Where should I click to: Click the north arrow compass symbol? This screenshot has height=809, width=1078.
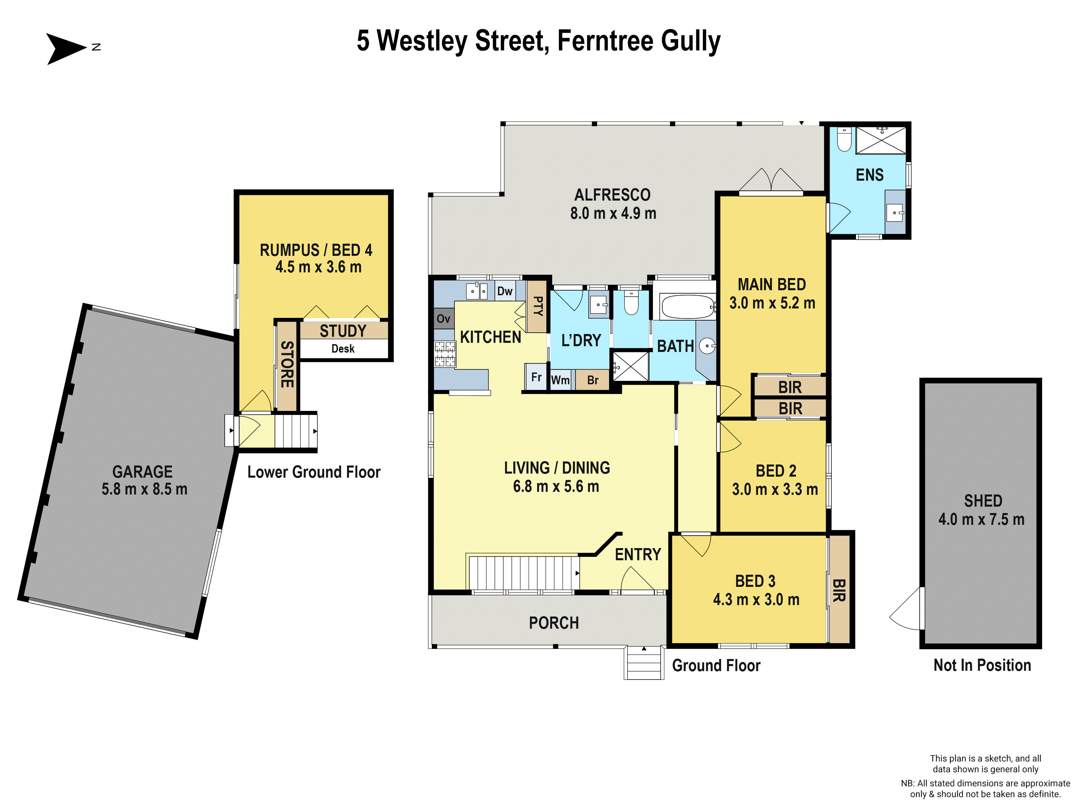tap(66, 48)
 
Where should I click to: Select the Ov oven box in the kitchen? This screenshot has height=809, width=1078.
tap(443, 319)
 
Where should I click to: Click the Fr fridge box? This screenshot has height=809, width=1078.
tap(536, 377)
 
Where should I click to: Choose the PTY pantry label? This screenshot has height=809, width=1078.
tap(538, 306)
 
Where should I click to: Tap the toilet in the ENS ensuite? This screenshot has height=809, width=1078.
tap(844, 140)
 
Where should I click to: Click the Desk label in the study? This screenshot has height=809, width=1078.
tap(343, 349)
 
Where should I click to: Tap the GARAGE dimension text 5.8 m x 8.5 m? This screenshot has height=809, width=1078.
tap(144, 489)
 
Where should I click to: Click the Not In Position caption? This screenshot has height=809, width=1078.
tap(982, 665)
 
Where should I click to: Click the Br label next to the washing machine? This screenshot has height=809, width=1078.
tap(592, 380)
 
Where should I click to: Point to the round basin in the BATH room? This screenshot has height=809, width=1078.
tap(707, 346)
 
